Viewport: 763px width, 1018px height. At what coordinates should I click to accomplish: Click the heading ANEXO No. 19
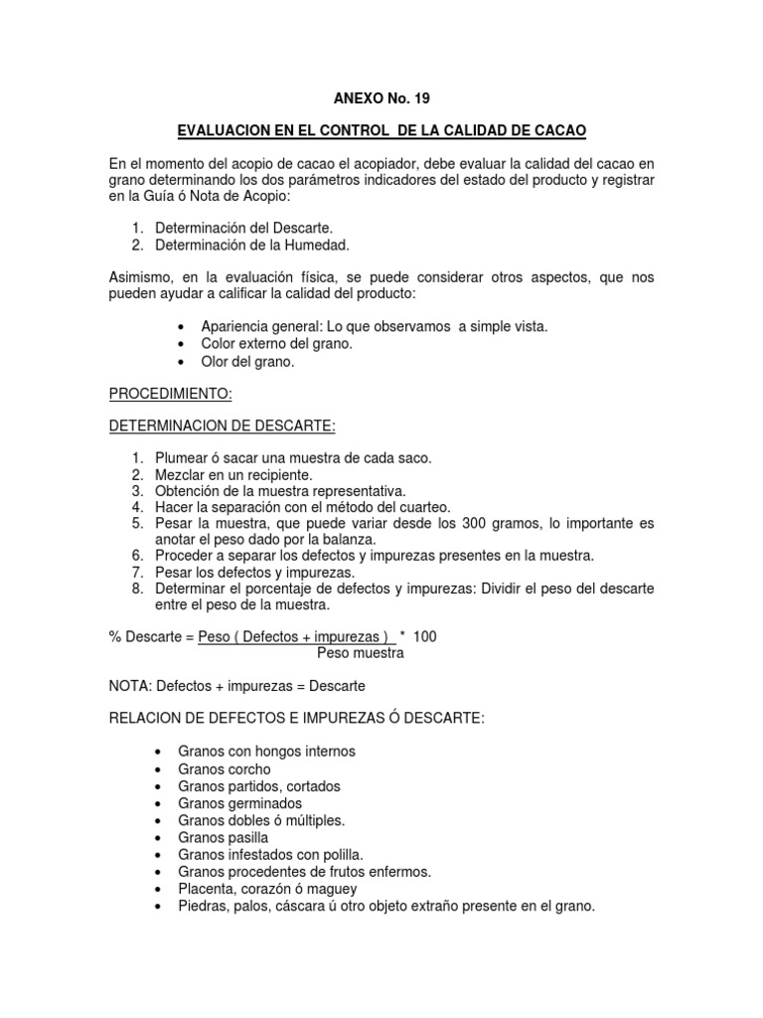(381, 98)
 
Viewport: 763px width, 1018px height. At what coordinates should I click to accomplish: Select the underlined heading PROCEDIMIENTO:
(170, 395)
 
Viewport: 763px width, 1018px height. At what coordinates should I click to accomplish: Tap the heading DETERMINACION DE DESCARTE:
(223, 426)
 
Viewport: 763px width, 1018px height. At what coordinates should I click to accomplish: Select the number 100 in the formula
(424, 635)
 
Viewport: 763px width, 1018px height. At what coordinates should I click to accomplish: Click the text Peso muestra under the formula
(361, 653)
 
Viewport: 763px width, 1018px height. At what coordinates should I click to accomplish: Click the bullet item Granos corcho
(225, 768)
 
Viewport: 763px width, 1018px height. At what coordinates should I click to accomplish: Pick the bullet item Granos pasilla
(224, 837)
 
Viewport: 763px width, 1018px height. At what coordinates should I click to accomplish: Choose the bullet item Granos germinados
(240, 803)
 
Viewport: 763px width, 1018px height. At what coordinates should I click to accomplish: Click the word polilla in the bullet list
(339, 854)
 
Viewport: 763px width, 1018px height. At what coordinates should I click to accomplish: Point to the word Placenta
(206, 889)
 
